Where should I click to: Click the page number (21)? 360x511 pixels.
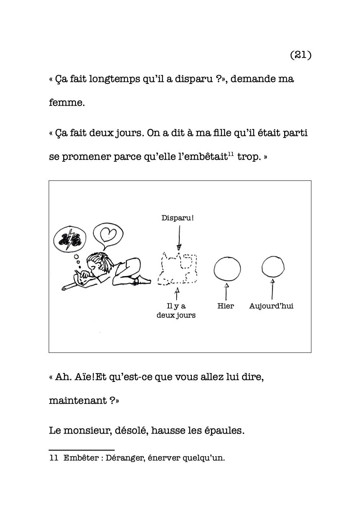pyautogui.click(x=301, y=55)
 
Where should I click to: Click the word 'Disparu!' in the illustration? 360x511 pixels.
pyautogui.click(x=177, y=218)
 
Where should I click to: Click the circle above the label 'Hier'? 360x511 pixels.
pyautogui.click(x=227, y=269)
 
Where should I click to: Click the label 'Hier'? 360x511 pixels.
pyautogui.click(x=226, y=306)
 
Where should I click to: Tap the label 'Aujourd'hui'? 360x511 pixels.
pyautogui.click(x=271, y=306)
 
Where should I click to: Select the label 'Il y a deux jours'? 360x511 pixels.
pyautogui.click(x=176, y=311)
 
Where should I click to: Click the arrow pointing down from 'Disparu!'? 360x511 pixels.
pyautogui.click(x=179, y=237)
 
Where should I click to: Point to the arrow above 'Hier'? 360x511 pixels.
pyautogui.click(x=226, y=292)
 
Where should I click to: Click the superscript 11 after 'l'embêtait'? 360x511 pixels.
pyautogui.click(x=231, y=154)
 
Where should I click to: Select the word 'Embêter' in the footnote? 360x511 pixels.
pyautogui.click(x=80, y=458)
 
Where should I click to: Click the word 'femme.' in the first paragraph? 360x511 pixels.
pyautogui.click(x=67, y=103)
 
